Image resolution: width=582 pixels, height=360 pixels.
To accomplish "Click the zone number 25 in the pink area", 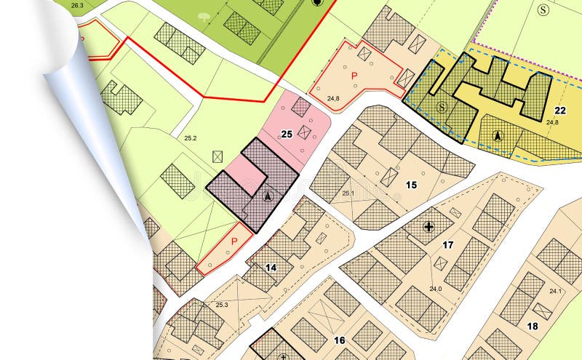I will pos(287,134).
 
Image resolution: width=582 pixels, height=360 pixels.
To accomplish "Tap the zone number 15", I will pos(411,185).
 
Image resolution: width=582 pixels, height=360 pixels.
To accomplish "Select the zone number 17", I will pos(448,245).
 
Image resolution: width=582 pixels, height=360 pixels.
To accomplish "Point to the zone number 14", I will pos(271,268).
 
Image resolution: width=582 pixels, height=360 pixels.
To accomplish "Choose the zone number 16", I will pos(339,340).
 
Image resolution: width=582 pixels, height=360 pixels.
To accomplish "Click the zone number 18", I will pos(533,326).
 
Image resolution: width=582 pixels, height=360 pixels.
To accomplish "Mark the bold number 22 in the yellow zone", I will pos(559,111).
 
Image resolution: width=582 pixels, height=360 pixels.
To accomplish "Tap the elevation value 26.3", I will pos(78,5).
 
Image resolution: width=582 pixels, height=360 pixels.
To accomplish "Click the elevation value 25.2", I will pos(191,137).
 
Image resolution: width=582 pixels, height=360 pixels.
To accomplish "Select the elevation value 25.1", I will pos(348,193).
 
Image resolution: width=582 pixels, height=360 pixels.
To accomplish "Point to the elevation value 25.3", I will pos(222,305).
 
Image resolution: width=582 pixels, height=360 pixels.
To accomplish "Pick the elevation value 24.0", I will pos(435,289).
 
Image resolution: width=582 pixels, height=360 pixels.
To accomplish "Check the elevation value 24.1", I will pos(555,292).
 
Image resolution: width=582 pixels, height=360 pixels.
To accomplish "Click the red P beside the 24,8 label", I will pos(355,76).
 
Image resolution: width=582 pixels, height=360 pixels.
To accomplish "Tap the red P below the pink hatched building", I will pos(234,241).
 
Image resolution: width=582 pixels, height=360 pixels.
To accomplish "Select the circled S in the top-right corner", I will pos(543,9).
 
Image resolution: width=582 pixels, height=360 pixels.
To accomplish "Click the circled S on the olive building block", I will pos(441,107).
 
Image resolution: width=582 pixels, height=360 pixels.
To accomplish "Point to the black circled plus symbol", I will pos(428,227).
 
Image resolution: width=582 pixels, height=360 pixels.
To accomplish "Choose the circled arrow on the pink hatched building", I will pos(267,196).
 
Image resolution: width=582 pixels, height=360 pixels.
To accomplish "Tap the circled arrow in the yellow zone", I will pos(498,135).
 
